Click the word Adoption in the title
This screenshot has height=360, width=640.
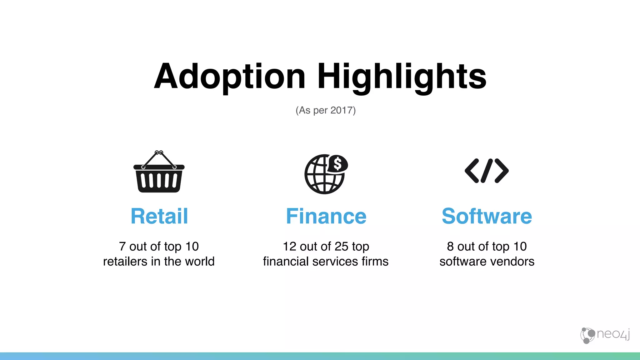coord(230,77)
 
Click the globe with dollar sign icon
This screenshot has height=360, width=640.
coord(325,174)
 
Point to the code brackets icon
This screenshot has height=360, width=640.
coord(487,171)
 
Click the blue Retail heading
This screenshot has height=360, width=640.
coord(159,216)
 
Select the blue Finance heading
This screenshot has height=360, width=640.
coord(326,216)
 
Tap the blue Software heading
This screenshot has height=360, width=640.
coord(487,216)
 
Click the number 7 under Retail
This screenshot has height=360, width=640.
coord(122,247)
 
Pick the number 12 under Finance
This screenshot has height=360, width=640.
coord(289,247)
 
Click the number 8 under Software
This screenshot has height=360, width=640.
coord(450,247)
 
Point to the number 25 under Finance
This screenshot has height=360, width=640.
coord(341,247)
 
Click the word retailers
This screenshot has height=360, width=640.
coord(125,262)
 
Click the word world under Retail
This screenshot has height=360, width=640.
coord(200,262)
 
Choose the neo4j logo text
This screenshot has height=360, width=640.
coord(612,334)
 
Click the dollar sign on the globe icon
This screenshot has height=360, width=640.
coord(337,163)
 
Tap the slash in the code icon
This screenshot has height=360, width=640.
coord(487,171)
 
